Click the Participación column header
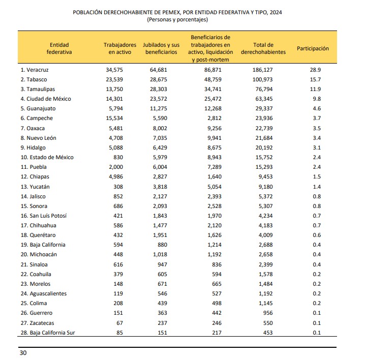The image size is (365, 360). pyautogui.click(x=313, y=49)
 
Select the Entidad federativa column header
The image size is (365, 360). pyautogui.click(x=59, y=48)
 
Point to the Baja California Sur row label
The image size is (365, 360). pyautogui.click(x=48, y=333)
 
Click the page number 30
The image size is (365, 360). pyautogui.click(x=23, y=353)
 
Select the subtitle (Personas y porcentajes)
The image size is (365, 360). pyautogui.click(x=177, y=19)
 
